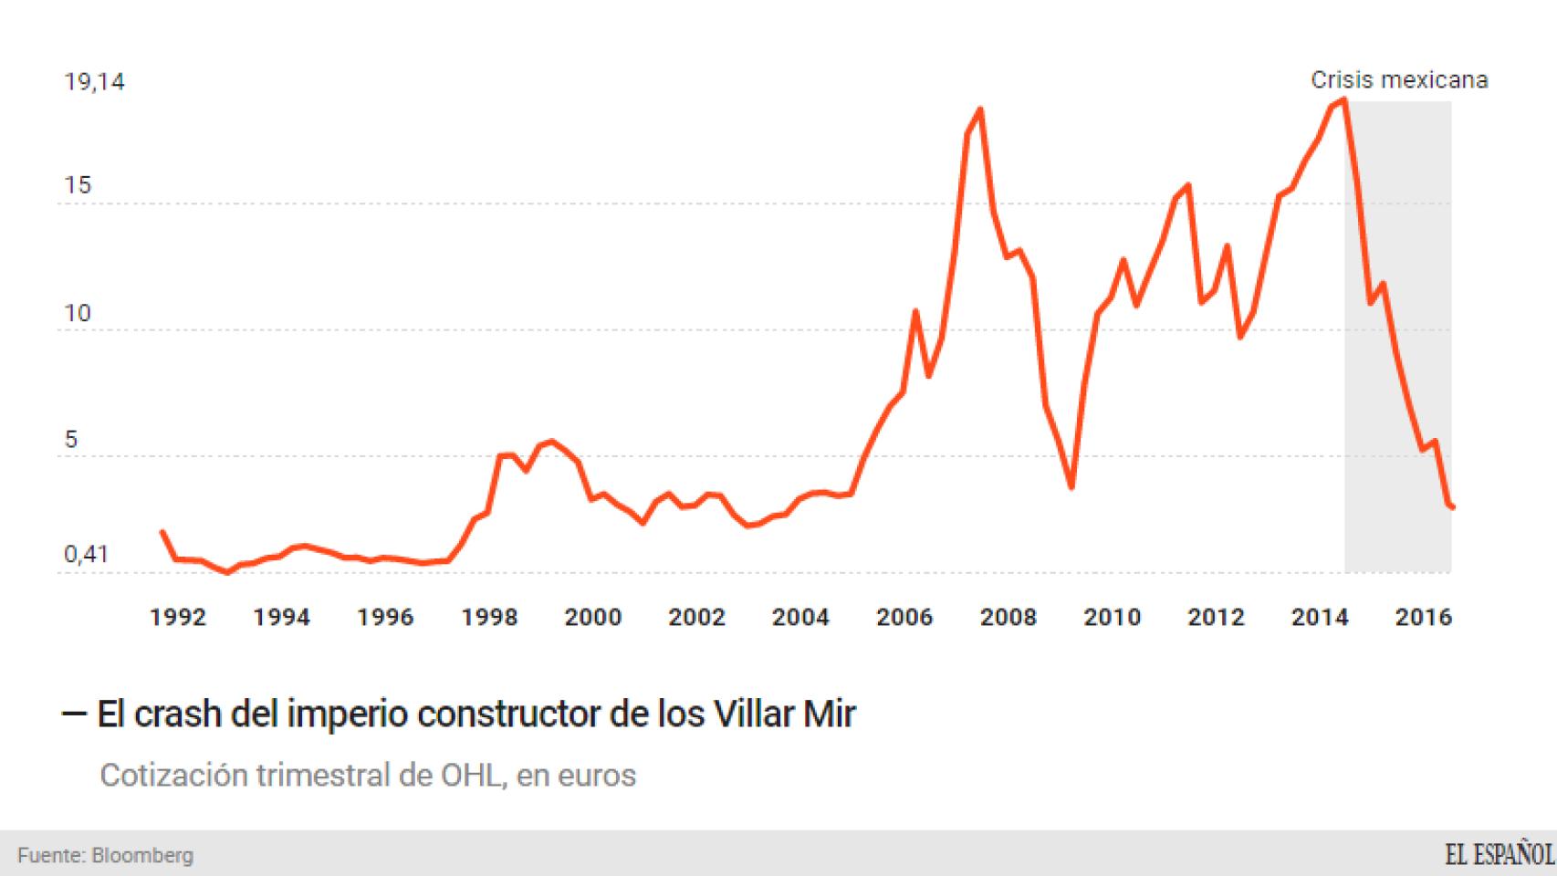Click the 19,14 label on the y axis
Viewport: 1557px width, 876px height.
[94, 82]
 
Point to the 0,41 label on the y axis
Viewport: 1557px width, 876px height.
[86, 555]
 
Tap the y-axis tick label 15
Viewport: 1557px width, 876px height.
[78, 185]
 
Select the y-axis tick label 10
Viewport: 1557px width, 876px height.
[78, 313]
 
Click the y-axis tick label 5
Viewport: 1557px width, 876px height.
[71, 440]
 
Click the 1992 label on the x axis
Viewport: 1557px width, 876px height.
[178, 618]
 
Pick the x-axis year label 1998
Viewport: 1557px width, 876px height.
[489, 618]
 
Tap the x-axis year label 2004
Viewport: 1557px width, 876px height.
[800, 618]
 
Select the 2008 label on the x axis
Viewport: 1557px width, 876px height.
[1008, 618]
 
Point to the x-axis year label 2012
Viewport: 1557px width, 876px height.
[1216, 618]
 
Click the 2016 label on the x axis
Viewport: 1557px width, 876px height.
[1423, 618]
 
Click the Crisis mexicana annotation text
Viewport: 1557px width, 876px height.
[1399, 80]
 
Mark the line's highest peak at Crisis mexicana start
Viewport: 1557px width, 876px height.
[1344, 99]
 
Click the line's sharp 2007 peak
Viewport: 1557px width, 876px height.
[979, 109]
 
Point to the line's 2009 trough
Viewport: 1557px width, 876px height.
[1071, 486]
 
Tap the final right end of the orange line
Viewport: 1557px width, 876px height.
[1452, 507]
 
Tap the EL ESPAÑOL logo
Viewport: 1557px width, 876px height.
[1499, 855]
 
